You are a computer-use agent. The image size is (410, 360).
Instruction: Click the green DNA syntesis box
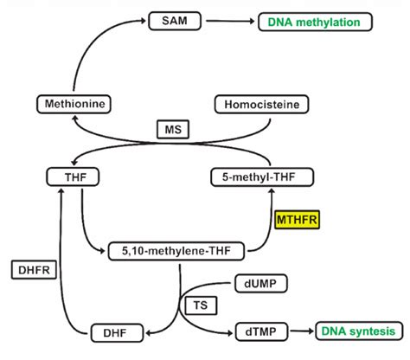click(356, 331)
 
